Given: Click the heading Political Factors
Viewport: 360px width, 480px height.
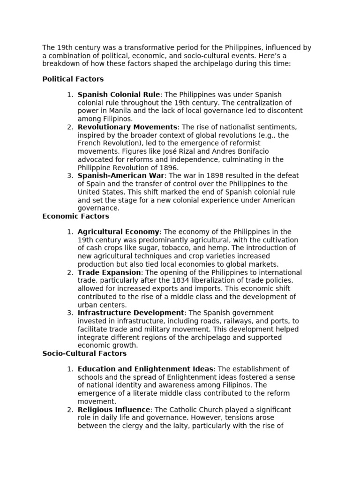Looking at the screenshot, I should (73, 79).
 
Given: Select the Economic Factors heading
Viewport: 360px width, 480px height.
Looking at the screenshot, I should (75, 216).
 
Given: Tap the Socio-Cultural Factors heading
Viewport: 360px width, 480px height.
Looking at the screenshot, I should (84, 353).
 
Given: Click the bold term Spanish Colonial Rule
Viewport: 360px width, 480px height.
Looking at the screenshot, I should (119, 95).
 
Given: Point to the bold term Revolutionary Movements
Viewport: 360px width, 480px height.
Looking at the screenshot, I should (127, 127).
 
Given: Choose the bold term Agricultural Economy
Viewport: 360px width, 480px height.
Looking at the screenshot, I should (119, 232).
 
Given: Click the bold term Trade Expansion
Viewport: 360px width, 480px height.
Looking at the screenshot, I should (109, 272).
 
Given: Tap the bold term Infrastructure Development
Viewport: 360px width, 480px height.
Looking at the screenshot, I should (131, 313).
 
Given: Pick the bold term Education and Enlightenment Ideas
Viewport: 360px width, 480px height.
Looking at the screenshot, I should (145, 369).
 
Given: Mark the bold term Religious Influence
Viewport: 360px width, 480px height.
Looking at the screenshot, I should (114, 409).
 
